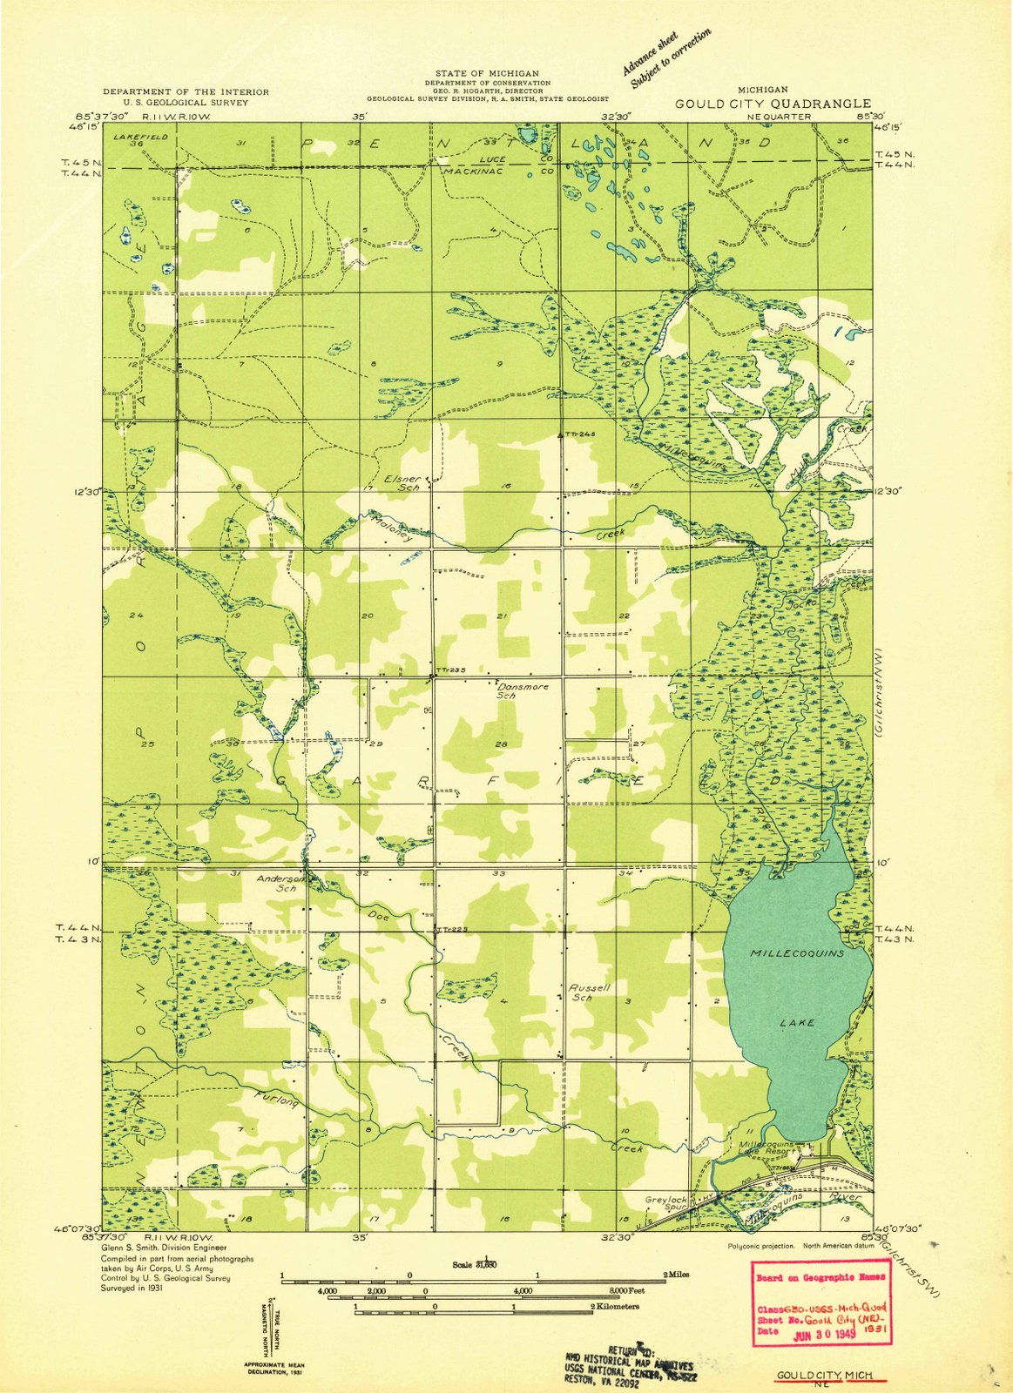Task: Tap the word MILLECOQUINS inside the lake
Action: click(x=797, y=953)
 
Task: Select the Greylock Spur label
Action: click(x=666, y=1204)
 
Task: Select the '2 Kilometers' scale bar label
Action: click(x=615, y=1306)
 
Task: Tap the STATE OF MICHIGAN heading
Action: click(x=487, y=73)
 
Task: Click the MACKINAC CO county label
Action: click(x=499, y=172)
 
